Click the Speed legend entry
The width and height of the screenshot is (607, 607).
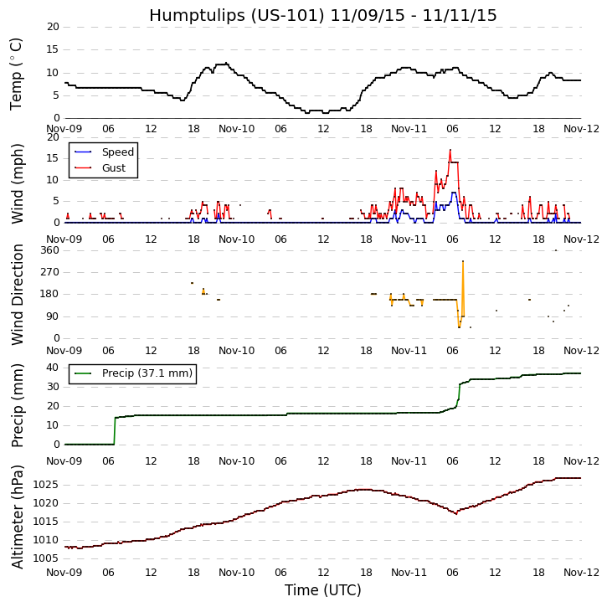pos(117,152)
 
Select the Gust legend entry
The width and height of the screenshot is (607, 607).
pos(113,168)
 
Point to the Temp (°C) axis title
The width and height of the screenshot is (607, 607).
pos(17,73)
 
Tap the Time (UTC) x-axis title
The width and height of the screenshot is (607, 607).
pos(322,590)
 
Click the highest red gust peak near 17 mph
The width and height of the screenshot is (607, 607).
pos(450,150)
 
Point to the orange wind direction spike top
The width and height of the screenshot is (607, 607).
pos(463,261)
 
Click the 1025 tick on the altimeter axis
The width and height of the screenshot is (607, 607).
pos(47,485)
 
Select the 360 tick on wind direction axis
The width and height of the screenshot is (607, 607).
pos(49,249)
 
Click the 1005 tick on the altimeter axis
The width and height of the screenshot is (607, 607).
pos(47,558)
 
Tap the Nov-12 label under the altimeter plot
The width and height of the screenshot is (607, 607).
pos(581,574)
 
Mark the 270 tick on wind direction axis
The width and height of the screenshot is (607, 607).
pos(49,272)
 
